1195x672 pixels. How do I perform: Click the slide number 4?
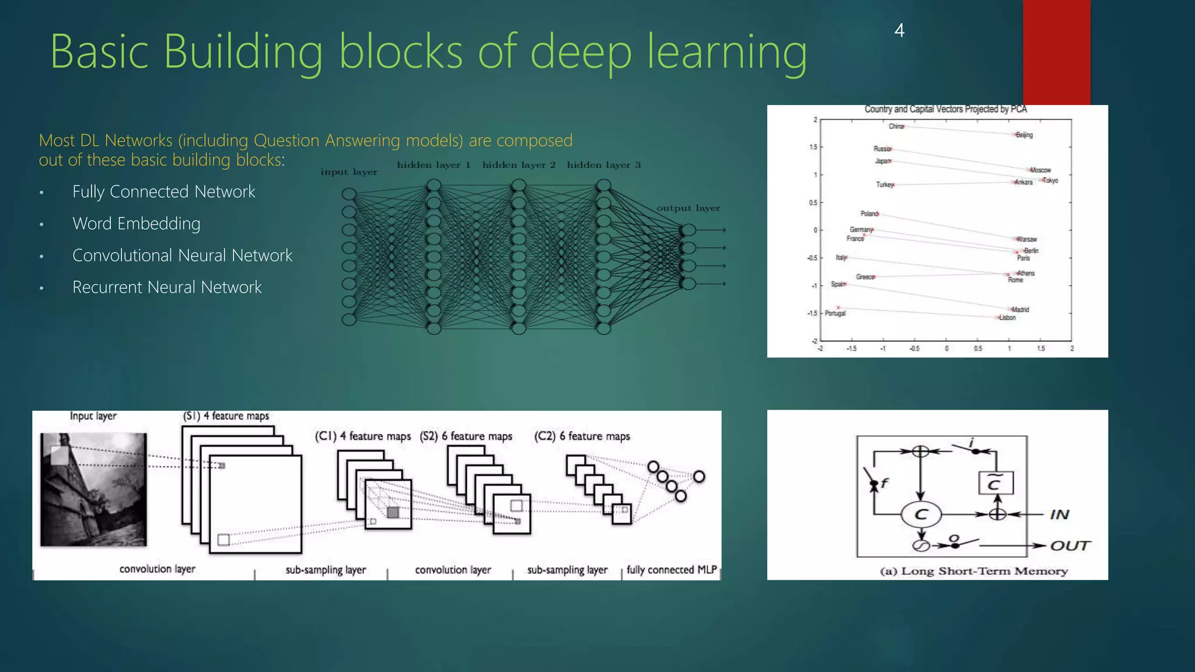[x=899, y=30]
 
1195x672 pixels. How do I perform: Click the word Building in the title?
[x=243, y=52]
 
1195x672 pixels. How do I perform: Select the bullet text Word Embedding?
[x=136, y=224]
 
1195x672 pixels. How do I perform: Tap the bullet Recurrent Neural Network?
[x=167, y=288]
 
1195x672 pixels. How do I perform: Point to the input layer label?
[x=349, y=172]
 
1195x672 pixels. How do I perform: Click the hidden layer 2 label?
[x=519, y=165]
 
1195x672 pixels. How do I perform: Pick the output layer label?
[x=688, y=208]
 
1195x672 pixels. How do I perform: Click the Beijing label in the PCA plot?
[x=1024, y=135]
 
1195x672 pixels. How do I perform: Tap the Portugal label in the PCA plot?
[x=835, y=314]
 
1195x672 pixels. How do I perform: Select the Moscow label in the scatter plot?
[x=1040, y=170]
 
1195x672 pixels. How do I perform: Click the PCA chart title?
[x=945, y=109]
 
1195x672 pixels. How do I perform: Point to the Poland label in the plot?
[x=869, y=214]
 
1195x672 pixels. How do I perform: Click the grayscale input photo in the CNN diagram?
[x=93, y=489]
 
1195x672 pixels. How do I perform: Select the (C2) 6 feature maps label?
[x=582, y=436]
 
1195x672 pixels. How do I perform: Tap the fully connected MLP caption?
[x=672, y=570]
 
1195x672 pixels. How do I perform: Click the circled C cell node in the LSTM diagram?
[x=921, y=514]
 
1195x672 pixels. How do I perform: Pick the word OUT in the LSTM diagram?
[x=1070, y=546]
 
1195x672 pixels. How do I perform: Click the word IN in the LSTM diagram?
[x=1060, y=514]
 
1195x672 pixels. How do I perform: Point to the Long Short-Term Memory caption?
[x=974, y=571]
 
